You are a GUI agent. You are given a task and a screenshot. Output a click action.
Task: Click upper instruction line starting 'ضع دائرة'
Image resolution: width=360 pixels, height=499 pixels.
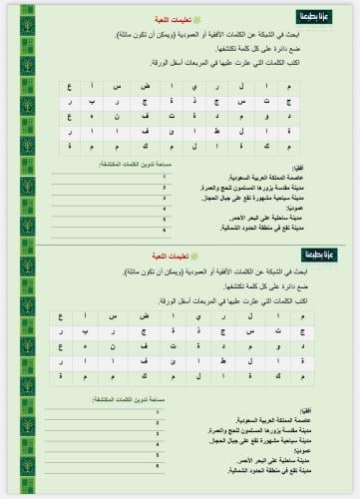(x=259, y=46)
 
